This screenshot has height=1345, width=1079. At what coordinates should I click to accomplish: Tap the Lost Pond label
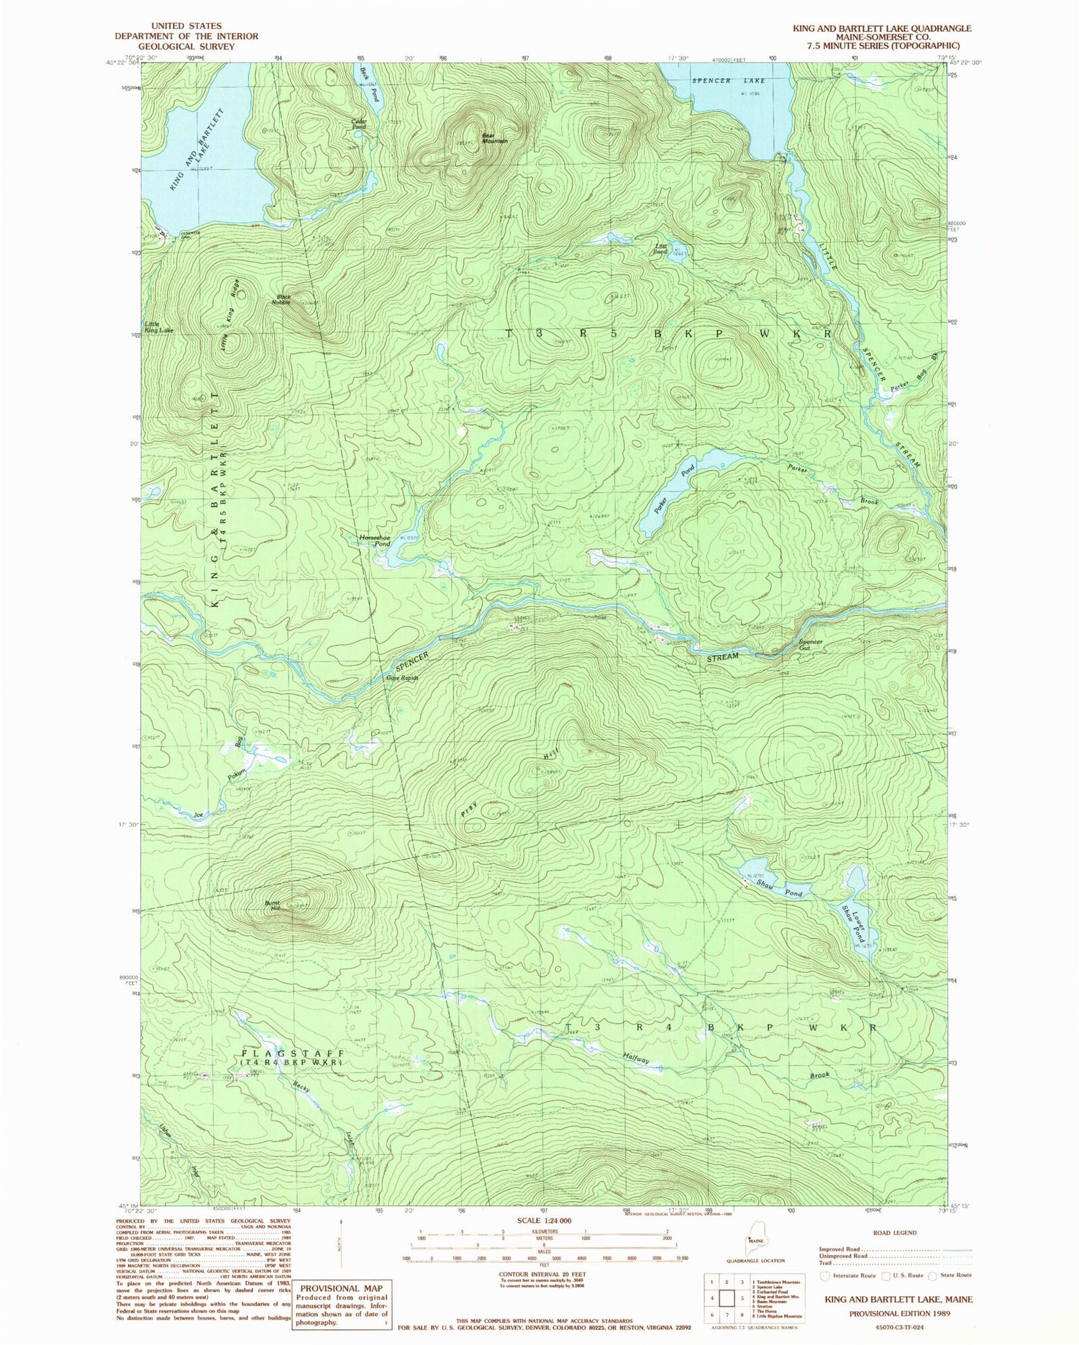point(660,249)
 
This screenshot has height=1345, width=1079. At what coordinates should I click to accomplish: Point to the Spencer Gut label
point(811,645)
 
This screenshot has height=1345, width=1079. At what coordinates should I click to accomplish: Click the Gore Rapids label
point(402,678)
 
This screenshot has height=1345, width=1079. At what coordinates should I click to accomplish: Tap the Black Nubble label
point(282,299)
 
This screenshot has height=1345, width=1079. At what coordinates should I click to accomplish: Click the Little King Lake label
point(158,327)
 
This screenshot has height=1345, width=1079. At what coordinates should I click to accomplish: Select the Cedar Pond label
point(359,124)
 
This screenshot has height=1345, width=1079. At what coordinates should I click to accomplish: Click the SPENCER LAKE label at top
point(721,81)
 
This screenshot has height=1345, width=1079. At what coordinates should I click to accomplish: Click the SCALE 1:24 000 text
point(544,1221)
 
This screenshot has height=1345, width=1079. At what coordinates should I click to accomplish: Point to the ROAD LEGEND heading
point(895,1233)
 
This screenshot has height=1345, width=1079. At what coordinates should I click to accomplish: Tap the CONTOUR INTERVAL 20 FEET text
point(544,1273)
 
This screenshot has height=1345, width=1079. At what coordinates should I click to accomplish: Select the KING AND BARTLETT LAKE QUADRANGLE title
point(881,28)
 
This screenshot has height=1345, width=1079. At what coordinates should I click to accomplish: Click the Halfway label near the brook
point(636,1059)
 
